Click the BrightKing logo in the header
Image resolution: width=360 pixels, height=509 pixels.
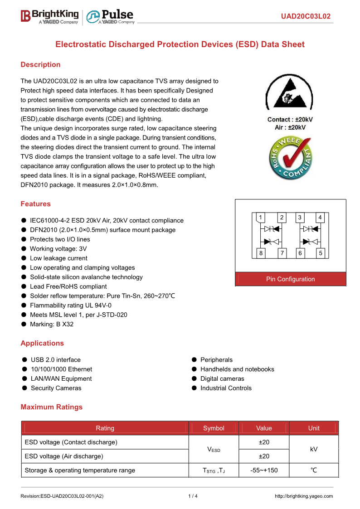(50, 16)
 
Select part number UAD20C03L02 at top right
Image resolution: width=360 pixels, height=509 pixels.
(305, 17)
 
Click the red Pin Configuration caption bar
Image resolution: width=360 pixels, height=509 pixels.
(290, 279)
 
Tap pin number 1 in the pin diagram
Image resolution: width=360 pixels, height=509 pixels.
(261, 218)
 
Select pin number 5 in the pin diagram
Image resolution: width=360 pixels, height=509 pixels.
(321, 253)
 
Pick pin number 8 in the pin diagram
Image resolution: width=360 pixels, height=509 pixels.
(261, 253)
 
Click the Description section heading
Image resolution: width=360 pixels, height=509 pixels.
(40, 65)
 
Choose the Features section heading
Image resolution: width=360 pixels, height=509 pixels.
(35, 204)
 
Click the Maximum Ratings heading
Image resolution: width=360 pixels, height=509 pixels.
(51, 407)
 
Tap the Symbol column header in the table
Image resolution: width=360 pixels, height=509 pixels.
(214, 428)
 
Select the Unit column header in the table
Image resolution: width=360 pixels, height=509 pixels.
(314, 428)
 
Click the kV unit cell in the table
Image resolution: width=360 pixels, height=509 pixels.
(314, 449)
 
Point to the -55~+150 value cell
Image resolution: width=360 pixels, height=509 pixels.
(264, 470)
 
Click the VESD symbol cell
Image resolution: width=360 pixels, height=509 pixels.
(214, 449)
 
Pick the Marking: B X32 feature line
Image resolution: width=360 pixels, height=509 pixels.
(51, 325)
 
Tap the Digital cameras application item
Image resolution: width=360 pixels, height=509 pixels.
(222, 379)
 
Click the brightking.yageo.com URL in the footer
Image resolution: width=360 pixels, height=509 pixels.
(304, 496)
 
